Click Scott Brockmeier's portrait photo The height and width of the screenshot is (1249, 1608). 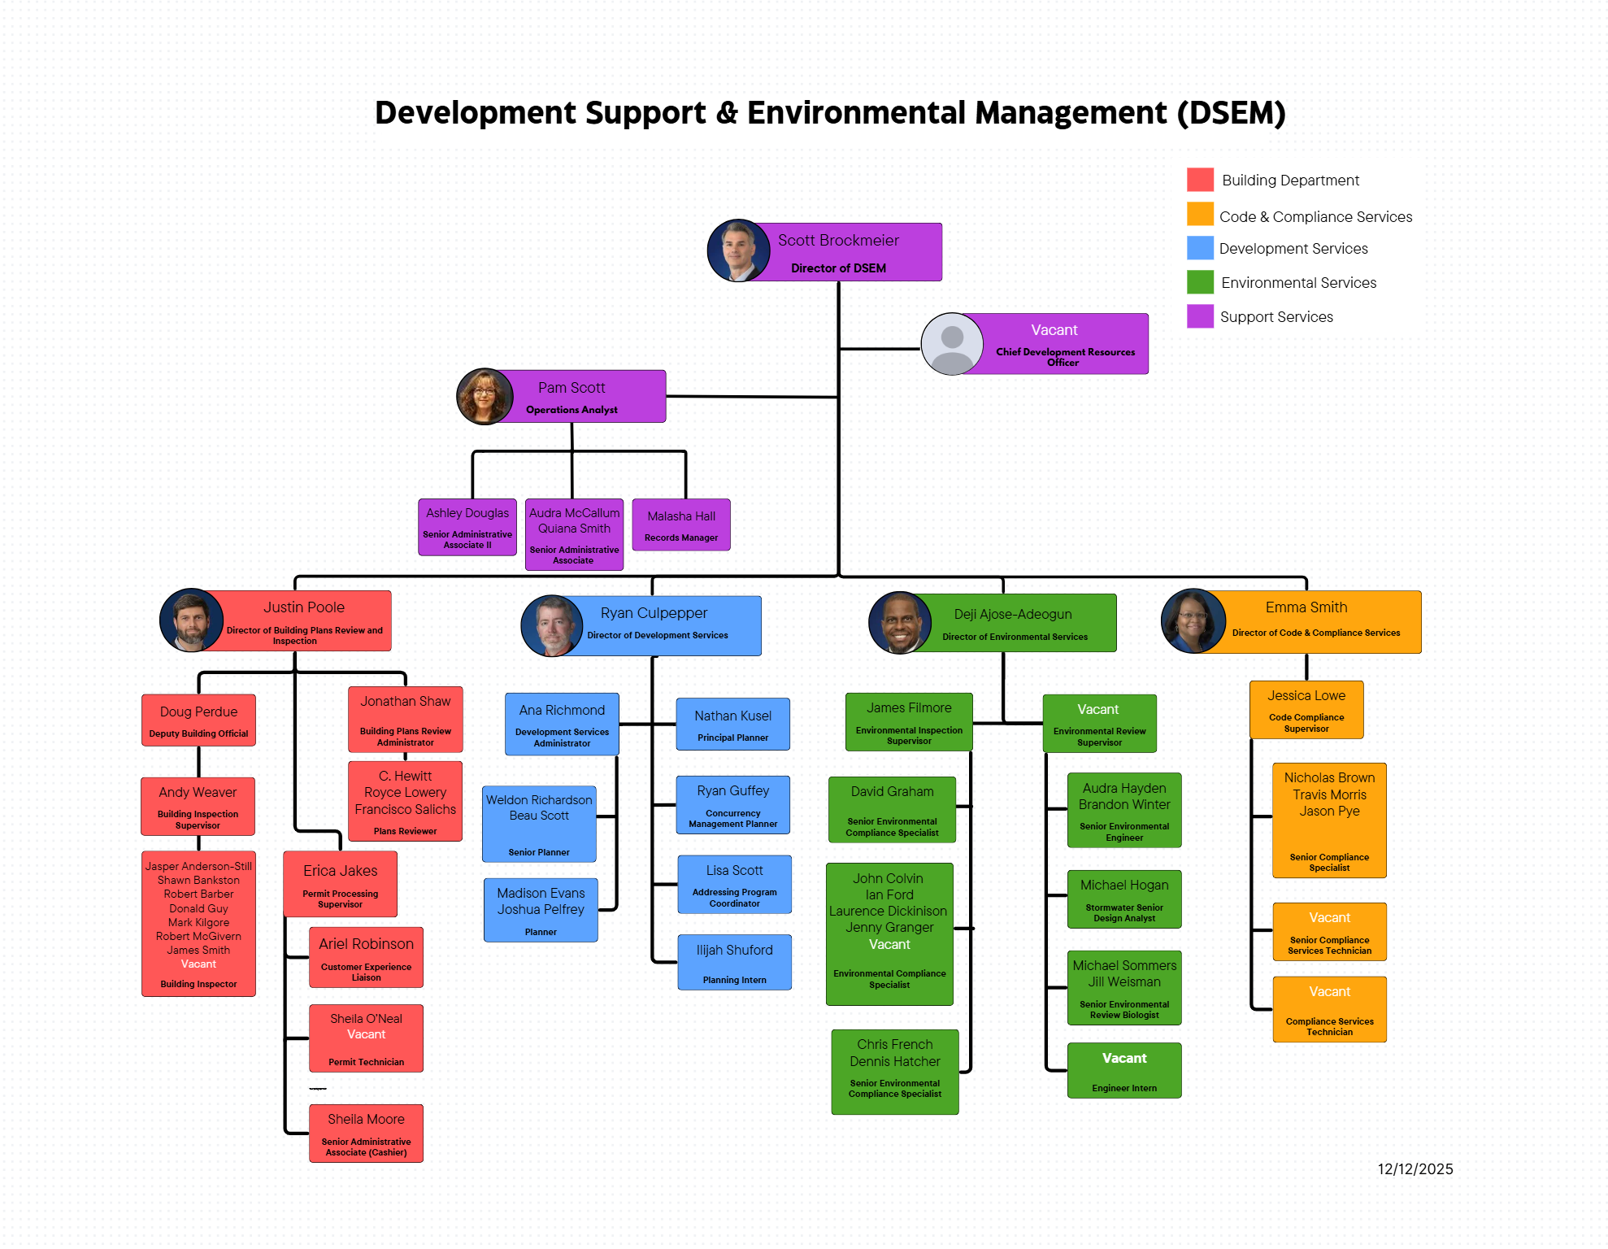(738, 251)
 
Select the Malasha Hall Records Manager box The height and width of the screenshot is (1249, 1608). (681, 525)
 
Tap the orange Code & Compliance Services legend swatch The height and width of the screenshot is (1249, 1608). (1200, 215)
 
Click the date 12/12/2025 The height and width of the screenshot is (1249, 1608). (1415, 1169)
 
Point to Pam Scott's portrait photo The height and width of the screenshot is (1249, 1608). (485, 397)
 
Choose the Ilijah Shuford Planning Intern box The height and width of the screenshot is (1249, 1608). (734, 963)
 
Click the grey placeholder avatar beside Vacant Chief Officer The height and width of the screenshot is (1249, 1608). (952, 344)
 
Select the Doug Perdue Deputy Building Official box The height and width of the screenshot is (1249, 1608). (198, 720)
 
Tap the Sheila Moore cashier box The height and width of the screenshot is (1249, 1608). (366, 1134)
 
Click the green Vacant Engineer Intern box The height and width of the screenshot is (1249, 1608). (1124, 1071)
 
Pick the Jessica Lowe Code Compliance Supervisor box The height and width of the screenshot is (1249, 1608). (1306, 710)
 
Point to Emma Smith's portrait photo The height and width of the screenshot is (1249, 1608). (1193, 621)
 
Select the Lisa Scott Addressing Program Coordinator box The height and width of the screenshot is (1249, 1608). (734, 885)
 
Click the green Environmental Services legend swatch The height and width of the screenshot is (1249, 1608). (1200, 282)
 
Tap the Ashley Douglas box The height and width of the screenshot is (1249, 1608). (467, 527)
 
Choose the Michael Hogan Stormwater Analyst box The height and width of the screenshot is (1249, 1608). (1124, 899)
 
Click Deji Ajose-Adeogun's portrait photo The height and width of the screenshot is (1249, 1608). (900, 623)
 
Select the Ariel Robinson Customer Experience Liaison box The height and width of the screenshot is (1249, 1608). (366, 957)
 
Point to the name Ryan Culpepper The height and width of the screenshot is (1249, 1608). (654, 613)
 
